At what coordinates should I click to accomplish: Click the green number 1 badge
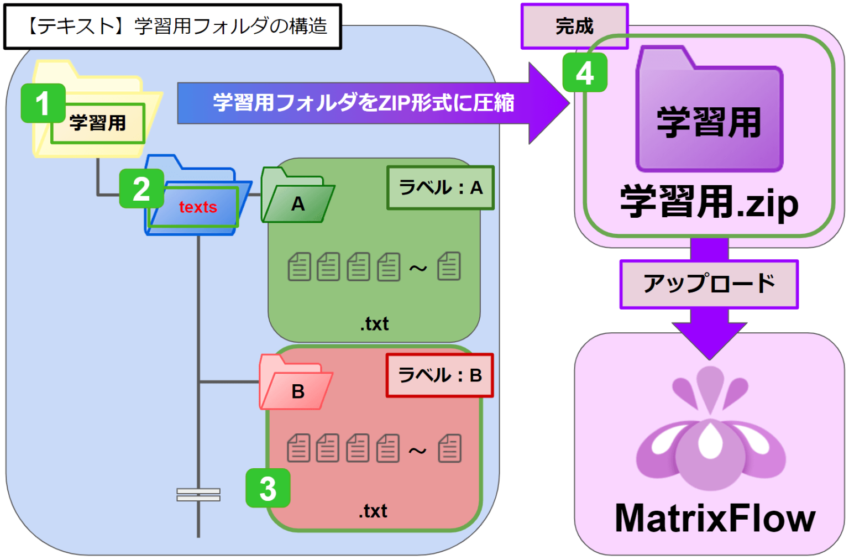[43, 103]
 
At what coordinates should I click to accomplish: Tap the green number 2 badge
[141, 189]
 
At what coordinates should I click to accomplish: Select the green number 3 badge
[268, 488]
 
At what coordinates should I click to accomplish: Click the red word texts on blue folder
[198, 207]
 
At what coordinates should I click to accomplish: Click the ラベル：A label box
[441, 188]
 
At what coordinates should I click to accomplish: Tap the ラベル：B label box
[439, 375]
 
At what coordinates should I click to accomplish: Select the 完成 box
[574, 26]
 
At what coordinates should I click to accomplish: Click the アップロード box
[709, 284]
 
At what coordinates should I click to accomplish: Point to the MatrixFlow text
[715, 518]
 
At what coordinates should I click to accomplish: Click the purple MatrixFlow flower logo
[710, 431]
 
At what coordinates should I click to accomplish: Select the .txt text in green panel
[374, 323]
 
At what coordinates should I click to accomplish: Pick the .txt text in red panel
[373, 511]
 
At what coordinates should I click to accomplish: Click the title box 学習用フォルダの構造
[172, 26]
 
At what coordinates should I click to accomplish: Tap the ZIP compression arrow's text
[363, 103]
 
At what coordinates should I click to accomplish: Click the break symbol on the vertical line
[198, 495]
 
